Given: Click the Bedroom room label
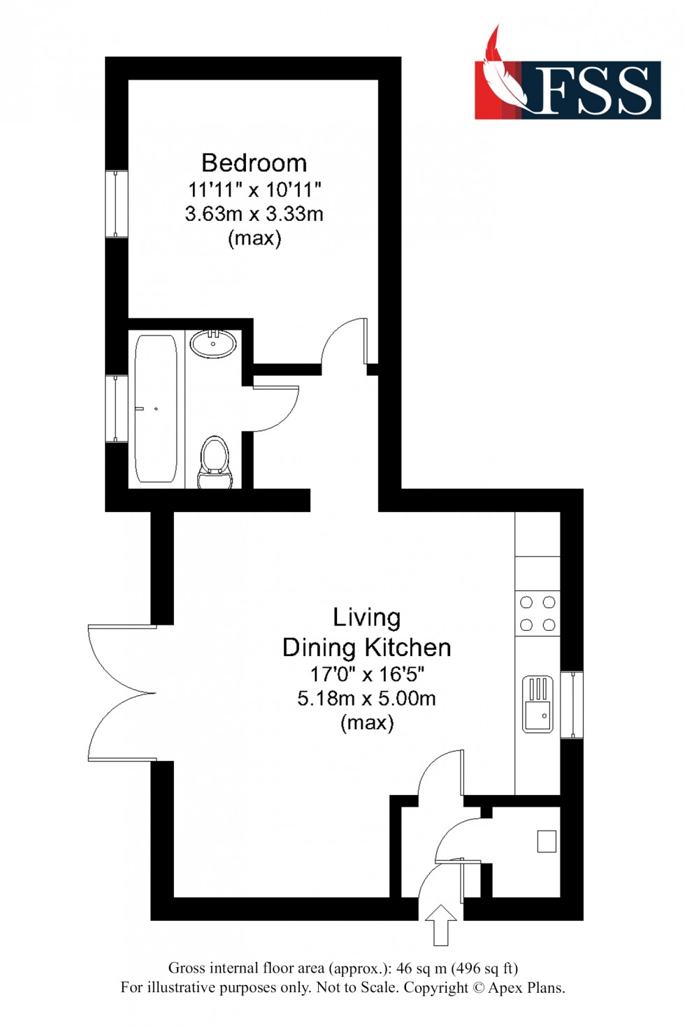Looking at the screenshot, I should tap(254, 163).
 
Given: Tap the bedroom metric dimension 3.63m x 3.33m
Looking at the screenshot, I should tap(254, 214).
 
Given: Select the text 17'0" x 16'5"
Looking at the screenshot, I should tap(367, 674).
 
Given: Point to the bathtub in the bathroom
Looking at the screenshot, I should tap(155, 409).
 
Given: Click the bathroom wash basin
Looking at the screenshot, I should tap(213, 343).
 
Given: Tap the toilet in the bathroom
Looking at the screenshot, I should tap(215, 462).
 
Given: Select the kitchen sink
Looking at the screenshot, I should tap(538, 704).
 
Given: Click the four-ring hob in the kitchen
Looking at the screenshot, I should tap(538, 613).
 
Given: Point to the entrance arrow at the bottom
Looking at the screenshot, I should tap(441, 925).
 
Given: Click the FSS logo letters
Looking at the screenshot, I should tap(595, 91).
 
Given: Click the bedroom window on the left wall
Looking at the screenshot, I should tap(117, 203).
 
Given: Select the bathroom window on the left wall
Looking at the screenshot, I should tap(117, 408).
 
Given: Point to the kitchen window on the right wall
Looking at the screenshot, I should tap(572, 704).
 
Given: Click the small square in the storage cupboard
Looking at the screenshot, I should tap(547, 841).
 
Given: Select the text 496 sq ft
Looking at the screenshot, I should tap(484, 968).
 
